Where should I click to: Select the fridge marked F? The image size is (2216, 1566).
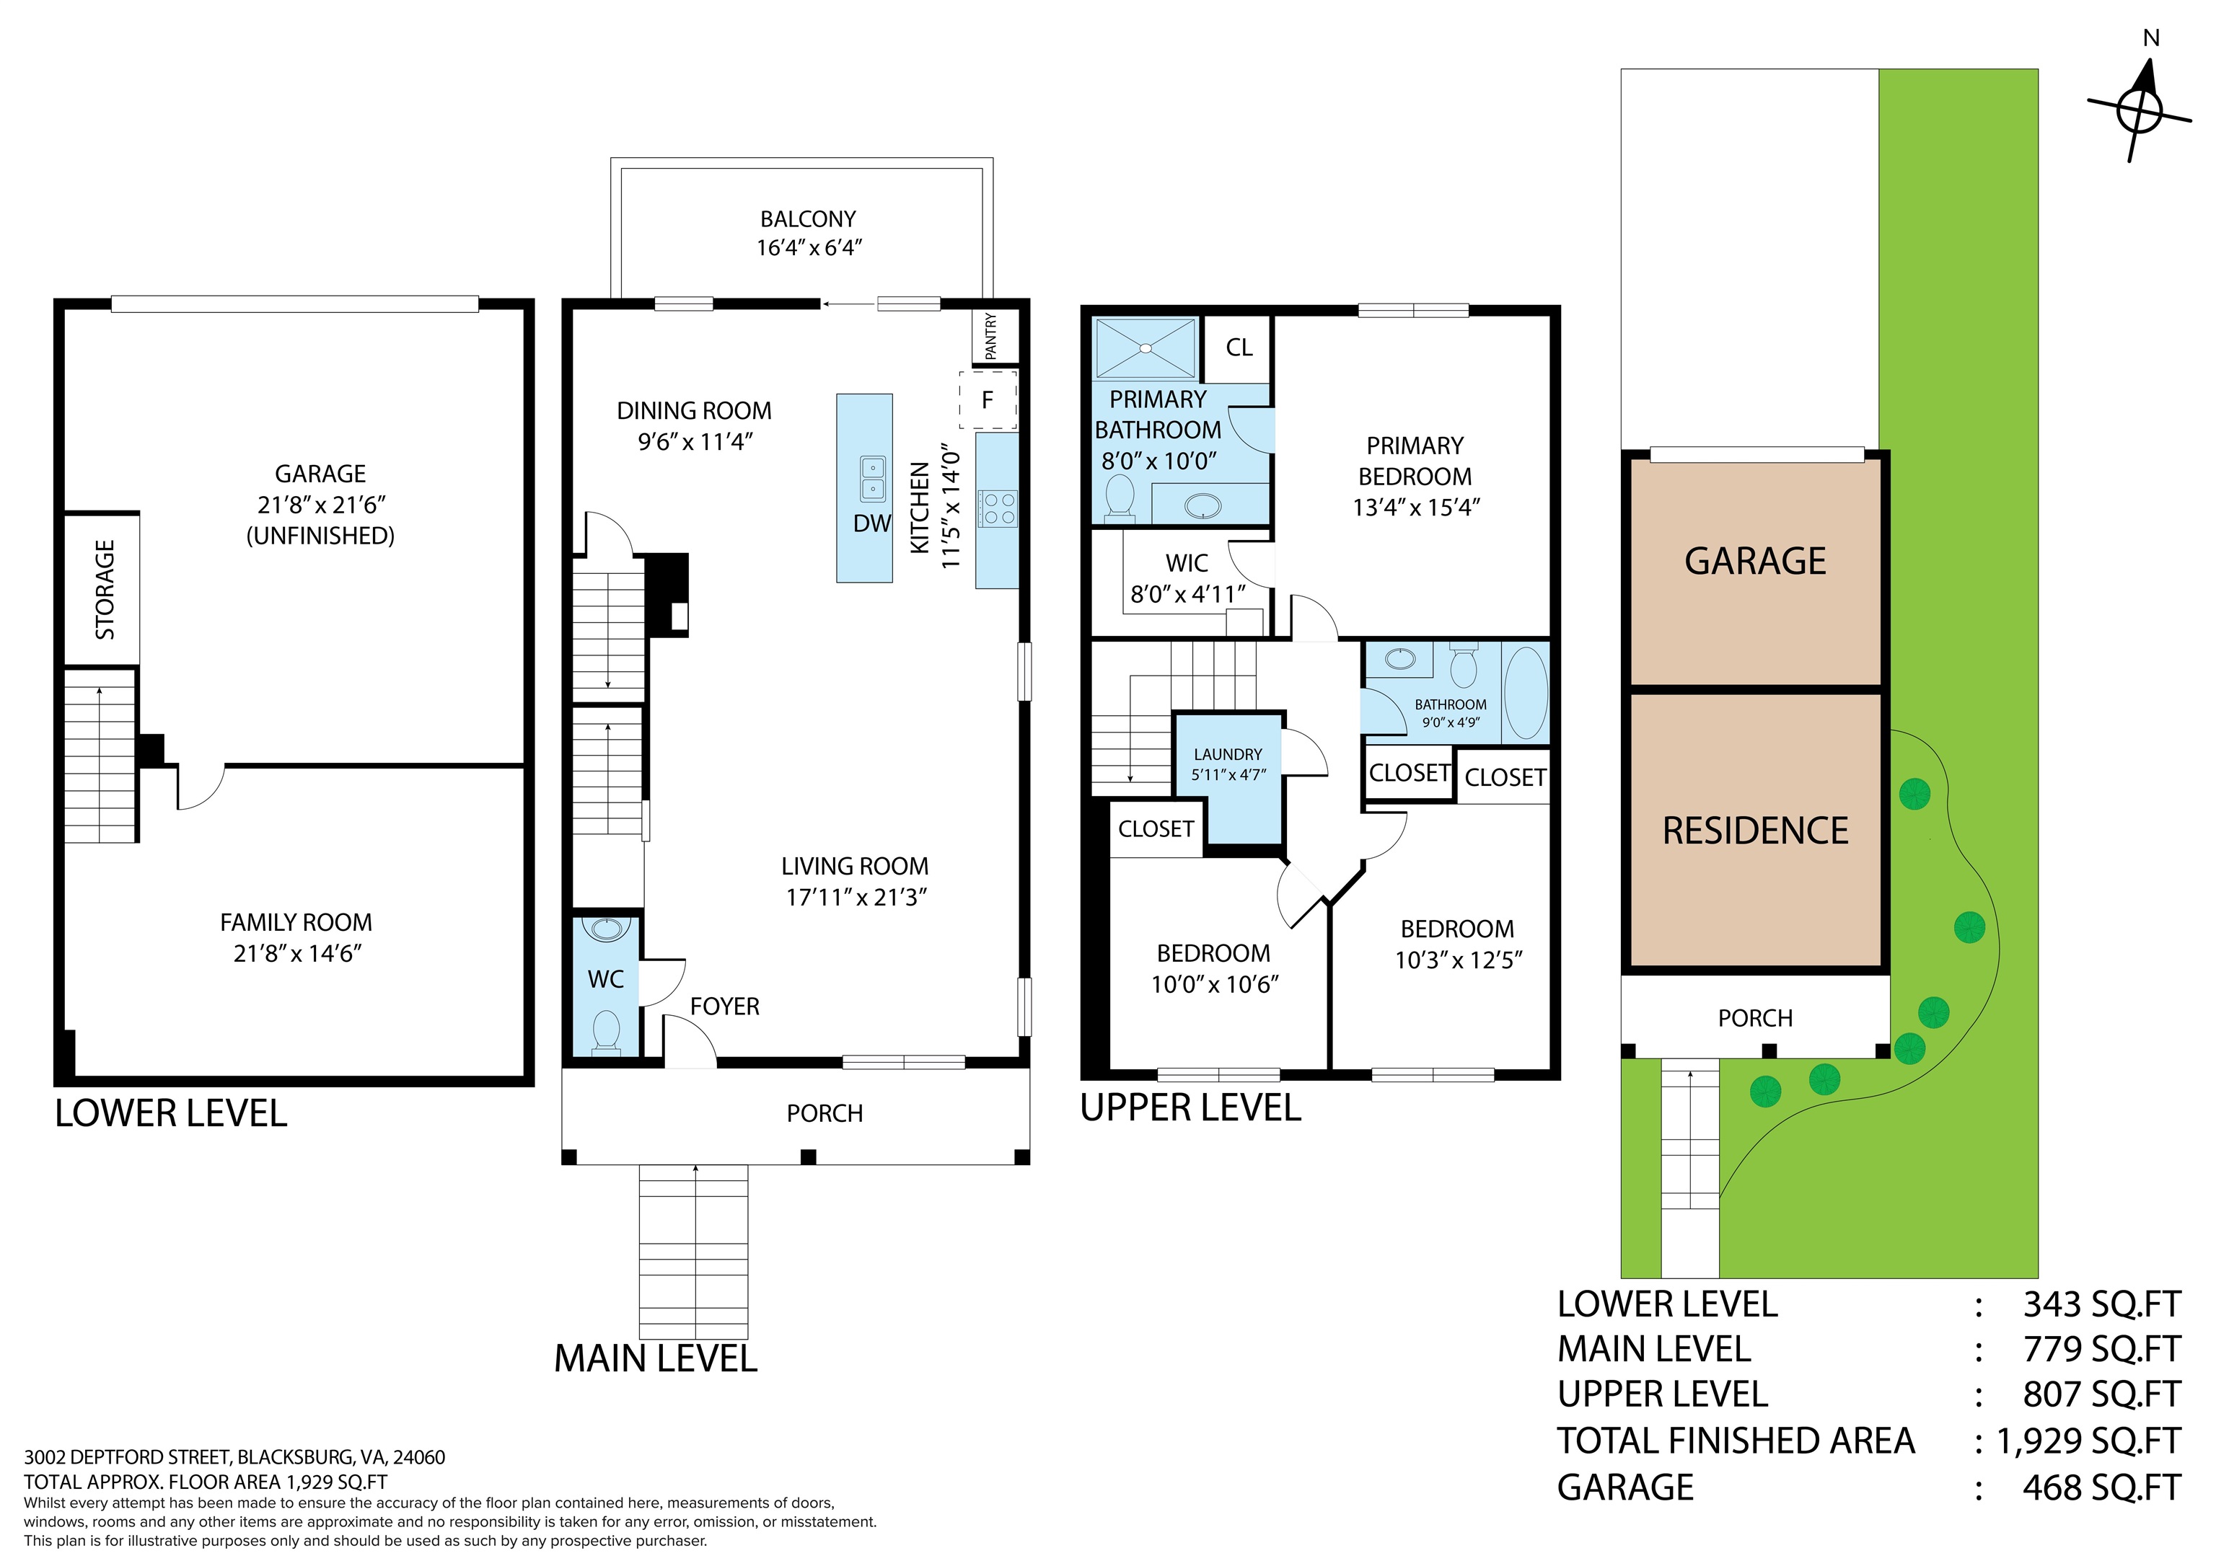988,399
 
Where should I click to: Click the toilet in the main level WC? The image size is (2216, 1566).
606,1030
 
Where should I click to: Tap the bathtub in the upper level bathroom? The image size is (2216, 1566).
1526,694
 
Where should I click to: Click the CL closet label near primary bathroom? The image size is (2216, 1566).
1239,348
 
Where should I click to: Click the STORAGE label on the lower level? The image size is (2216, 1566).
105,590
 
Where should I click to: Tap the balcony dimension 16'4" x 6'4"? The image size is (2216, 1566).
809,248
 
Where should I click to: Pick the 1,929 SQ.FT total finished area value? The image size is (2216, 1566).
2088,1441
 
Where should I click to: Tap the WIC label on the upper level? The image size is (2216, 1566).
1187,564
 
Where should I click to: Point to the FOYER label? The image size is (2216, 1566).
725,1007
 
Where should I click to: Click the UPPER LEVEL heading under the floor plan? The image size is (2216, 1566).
1191,1107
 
